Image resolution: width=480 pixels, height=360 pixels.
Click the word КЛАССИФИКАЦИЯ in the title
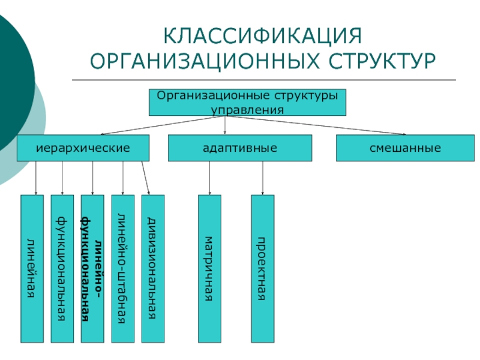click(x=263, y=36)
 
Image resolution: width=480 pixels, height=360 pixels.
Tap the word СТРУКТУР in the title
click(x=382, y=61)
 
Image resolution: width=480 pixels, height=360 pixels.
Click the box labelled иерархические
click(x=83, y=148)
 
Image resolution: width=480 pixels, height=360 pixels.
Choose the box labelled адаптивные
click(x=240, y=148)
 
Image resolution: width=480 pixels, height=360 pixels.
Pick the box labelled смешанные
click(x=405, y=148)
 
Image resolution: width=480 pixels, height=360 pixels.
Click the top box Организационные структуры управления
click(x=247, y=102)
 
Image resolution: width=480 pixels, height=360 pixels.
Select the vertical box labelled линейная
click(x=32, y=268)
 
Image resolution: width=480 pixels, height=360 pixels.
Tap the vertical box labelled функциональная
click(x=62, y=268)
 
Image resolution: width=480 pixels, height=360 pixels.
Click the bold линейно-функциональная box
click(x=92, y=268)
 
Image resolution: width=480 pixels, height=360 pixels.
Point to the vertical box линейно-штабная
click(x=123, y=268)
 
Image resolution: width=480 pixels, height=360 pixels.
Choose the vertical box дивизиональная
click(x=153, y=268)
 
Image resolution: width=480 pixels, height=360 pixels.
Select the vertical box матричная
click(x=209, y=268)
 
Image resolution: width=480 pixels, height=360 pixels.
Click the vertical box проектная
click(x=263, y=268)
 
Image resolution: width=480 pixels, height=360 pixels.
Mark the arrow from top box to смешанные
click(x=316, y=125)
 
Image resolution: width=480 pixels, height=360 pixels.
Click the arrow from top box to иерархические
click(x=163, y=125)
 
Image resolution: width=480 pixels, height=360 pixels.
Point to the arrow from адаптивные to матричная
click(x=209, y=178)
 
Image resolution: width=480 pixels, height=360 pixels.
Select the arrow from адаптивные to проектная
click(x=263, y=178)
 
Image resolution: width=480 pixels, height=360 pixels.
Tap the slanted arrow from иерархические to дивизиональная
click(x=145, y=178)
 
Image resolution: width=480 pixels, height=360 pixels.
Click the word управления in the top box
click(x=247, y=110)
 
